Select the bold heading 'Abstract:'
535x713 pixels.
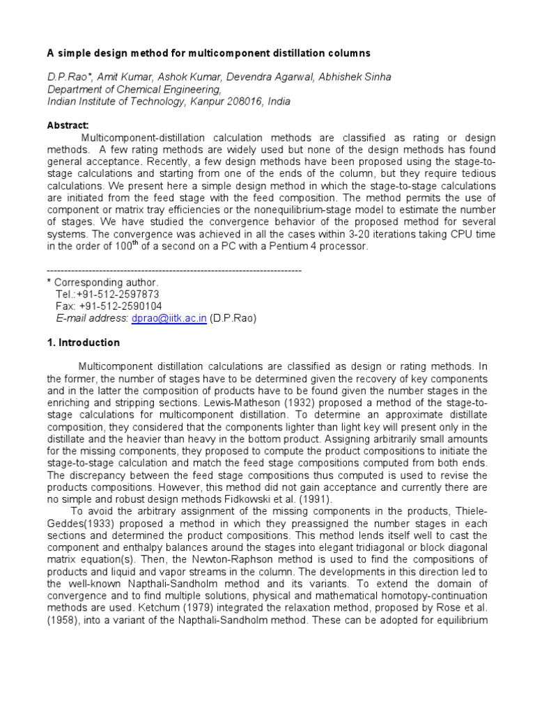68,125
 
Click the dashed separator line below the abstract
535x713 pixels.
173,270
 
